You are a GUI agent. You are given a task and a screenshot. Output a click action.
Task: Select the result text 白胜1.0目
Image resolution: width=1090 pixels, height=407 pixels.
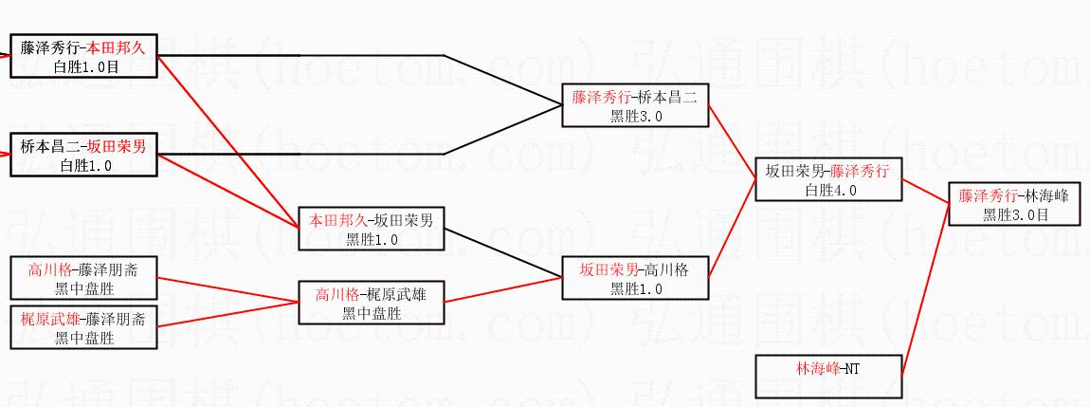coord(83,65)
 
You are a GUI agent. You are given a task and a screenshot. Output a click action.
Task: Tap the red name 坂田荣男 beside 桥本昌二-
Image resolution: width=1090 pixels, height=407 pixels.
coord(117,146)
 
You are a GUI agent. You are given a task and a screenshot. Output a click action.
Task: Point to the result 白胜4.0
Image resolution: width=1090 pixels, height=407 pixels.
coord(829,190)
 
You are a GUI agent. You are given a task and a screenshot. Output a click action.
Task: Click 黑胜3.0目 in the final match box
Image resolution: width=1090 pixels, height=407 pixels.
coord(1015,214)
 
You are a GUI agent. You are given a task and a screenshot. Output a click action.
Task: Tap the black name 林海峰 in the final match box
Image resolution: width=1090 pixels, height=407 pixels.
coord(1046,196)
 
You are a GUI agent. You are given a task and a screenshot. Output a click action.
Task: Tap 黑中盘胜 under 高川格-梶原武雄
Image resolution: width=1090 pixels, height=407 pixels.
coord(371,313)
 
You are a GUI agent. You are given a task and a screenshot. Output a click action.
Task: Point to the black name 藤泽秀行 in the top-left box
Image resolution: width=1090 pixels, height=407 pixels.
coord(50,46)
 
